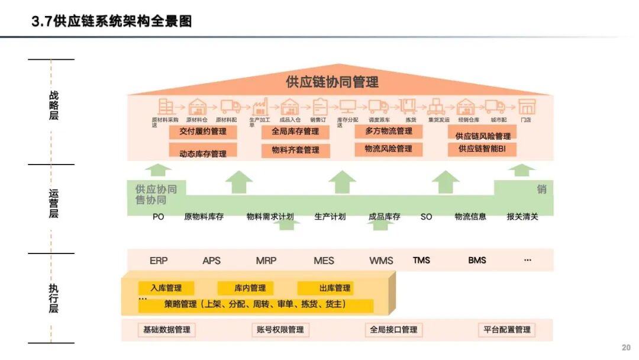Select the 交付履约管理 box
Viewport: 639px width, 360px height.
[203, 131]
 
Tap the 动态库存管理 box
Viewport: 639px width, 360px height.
[203, 153]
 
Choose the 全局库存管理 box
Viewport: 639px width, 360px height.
[295, 131]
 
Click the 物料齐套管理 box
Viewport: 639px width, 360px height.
[295, 150]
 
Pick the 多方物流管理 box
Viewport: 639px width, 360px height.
[389, 131]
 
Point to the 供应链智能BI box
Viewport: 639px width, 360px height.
[482, 149]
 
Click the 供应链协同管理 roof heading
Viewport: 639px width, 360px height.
[332, 82]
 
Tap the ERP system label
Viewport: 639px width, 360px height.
[159, 261]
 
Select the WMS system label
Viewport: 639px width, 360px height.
[381, 261]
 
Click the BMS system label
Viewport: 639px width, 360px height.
[477, 261]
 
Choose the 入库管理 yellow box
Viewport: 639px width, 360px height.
[166, 288]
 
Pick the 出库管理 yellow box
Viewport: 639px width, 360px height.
[335, 288]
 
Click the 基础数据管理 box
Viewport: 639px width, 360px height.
[166, 330]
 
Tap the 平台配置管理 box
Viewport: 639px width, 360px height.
[506, 330]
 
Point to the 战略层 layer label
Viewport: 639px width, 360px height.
[54, 105]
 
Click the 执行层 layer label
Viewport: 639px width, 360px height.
[54, 298]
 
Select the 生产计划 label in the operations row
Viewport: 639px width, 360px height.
[330, 217]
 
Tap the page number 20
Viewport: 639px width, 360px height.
[626, 348]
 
